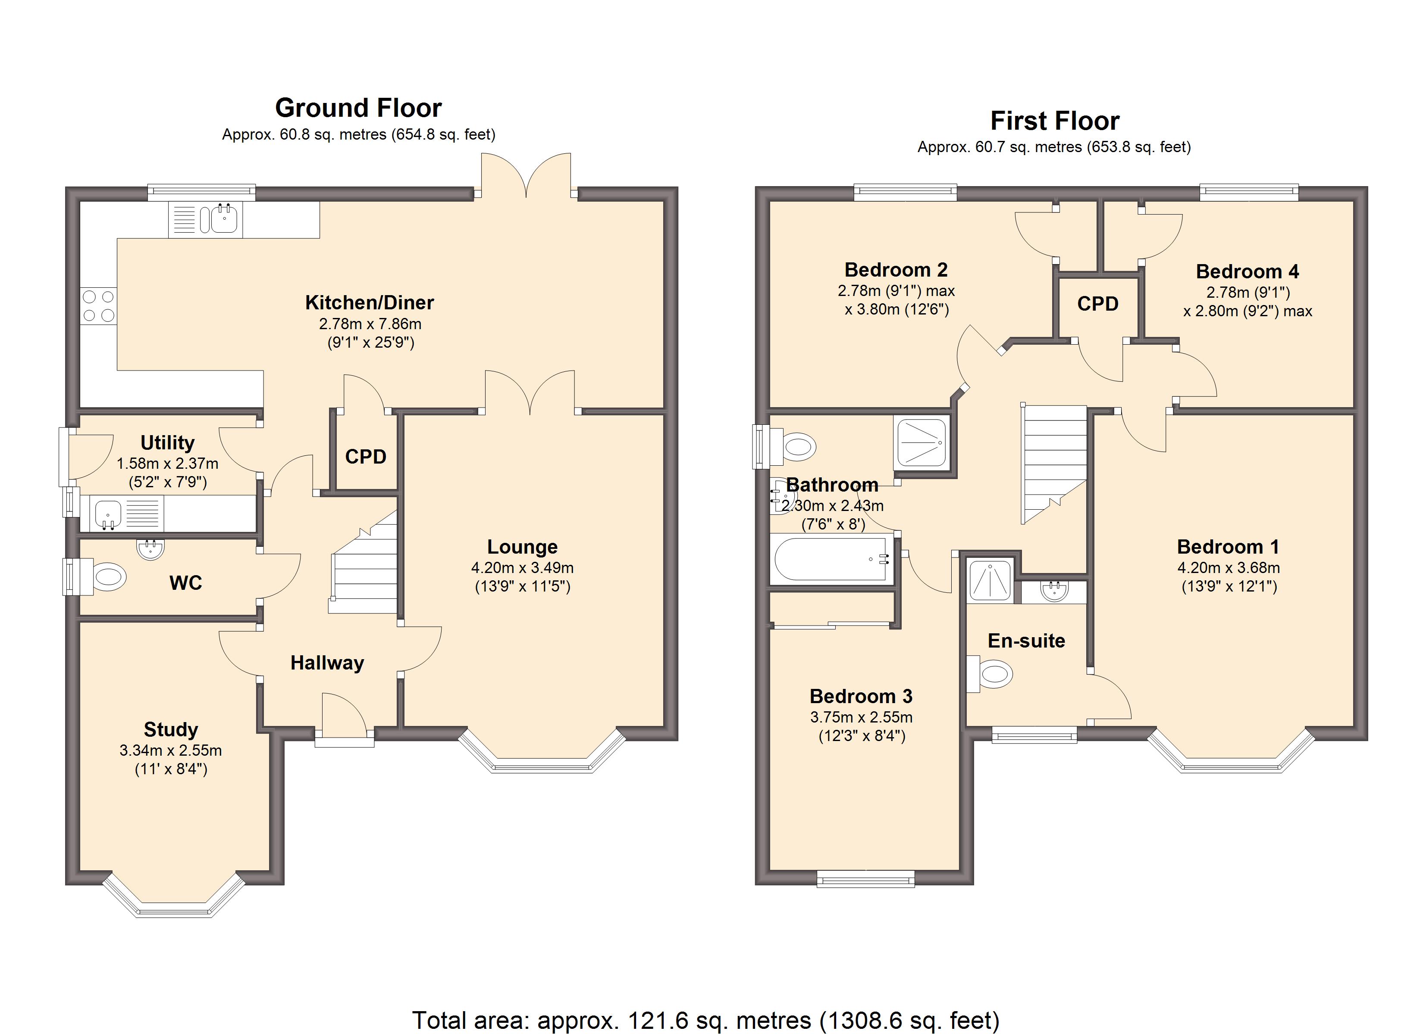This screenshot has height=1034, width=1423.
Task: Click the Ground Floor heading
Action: click(358, 108)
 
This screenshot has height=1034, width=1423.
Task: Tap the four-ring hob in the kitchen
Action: click(98, 306)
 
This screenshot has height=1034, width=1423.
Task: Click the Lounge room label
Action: click(522, 547)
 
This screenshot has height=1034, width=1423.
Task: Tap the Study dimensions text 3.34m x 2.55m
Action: click(171, 750)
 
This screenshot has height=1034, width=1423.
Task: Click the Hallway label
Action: click(327, 663)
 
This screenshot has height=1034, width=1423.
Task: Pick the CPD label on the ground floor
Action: click(365, 457)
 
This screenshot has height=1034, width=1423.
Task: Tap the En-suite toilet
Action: click(993, 675)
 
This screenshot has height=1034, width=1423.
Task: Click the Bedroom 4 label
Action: click(1247, 271)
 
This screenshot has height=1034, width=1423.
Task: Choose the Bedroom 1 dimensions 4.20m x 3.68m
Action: click(1228, 567)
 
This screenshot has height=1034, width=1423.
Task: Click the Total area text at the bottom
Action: click(705, 1020)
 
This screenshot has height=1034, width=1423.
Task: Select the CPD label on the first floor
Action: click(1097, 303)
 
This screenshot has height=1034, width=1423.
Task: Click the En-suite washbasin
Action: click(1054, 591)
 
